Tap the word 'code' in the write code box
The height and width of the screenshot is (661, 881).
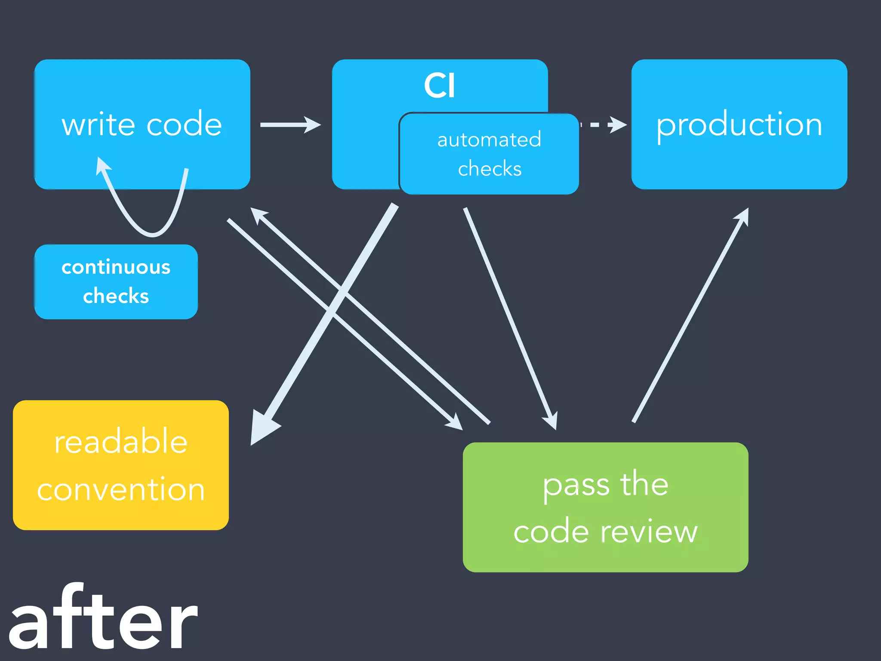(x=184, y=124)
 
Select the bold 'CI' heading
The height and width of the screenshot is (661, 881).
(x=439, y=86)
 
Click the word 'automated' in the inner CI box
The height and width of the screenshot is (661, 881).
(x=489, y=140)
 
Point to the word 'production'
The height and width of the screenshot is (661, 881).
(x=739, y=125)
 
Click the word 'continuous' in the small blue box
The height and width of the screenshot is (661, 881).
(x=116, y=267)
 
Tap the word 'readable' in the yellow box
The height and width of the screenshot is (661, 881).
(x=121, y=442)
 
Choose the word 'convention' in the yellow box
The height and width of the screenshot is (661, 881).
(x=121, y=490)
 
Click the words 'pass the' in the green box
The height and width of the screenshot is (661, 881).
(x=605, y=485)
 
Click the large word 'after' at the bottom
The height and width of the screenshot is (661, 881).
(x=103, y=620)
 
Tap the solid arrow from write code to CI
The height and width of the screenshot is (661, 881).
(x=290, y=125)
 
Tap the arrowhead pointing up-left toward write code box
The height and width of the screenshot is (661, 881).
(x=259, y=215)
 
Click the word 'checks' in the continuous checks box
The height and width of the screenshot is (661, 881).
(x=116, y=296)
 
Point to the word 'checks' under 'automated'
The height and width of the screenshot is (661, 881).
(x=490, y=169)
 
